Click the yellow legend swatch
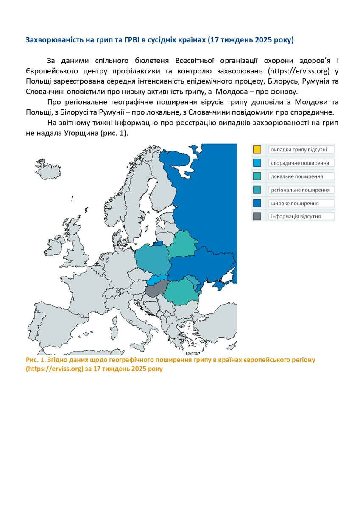(257, 149)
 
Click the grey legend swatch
(257, 216)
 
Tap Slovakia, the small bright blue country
(158, 280)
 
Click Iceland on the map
(42, 163)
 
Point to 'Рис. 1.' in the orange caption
(36, 360)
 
